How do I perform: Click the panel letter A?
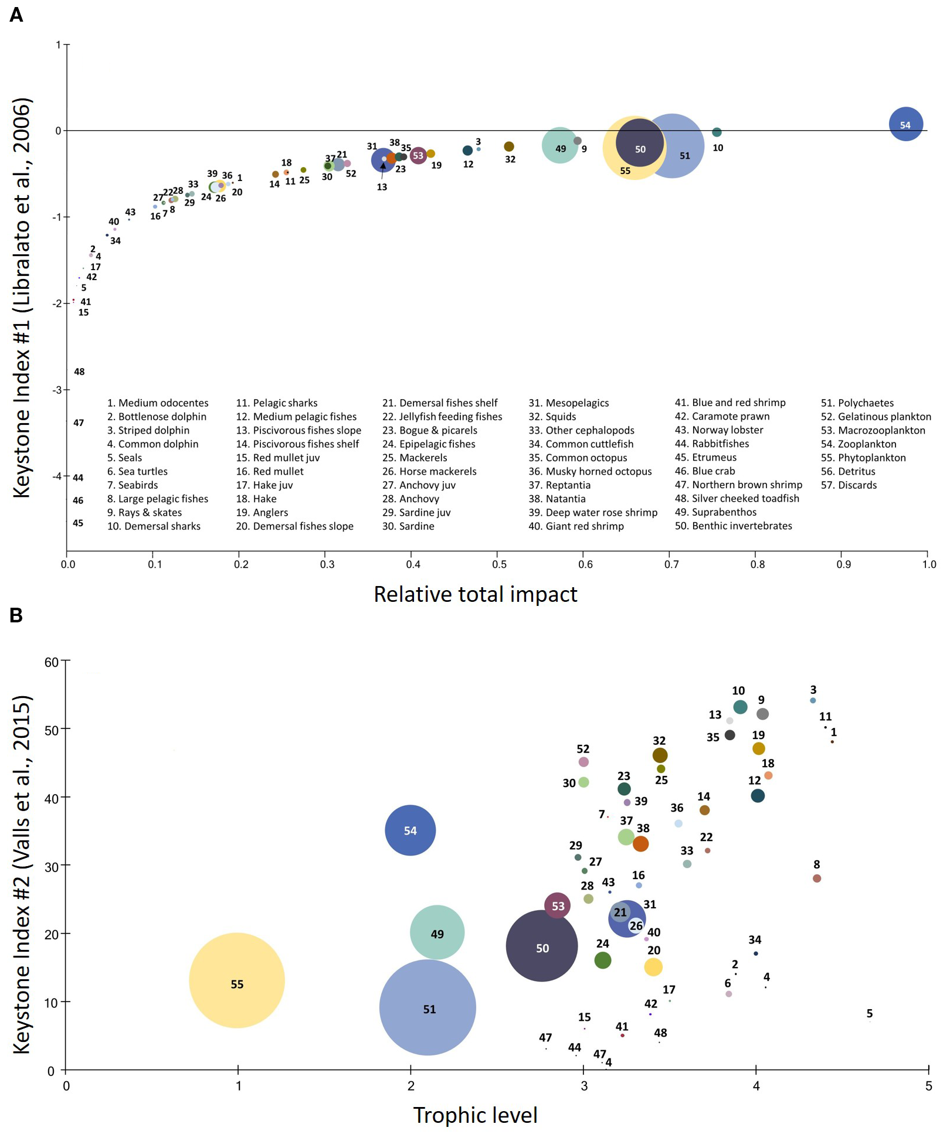pos(16,14)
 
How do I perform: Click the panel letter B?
pos(16,615)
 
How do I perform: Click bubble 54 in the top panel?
pos(905,124)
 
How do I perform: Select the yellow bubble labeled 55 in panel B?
pos(237,980)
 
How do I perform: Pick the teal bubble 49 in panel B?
pos(437,932)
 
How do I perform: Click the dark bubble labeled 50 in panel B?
pos(541,946)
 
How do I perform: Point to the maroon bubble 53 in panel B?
pos(557,905)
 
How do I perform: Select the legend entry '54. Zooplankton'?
pos(859,444)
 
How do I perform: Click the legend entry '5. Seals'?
pos(124,458)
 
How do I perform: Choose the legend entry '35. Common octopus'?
pos(578,458)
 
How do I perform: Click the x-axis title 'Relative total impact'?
pos(475,594)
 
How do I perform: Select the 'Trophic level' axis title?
pos(475,1115)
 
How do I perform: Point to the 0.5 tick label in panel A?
pos(499,564)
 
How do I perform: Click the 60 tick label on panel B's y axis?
pos(52,662)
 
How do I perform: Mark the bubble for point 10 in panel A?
pos(717,132)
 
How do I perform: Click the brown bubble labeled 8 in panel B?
pos(817,878)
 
